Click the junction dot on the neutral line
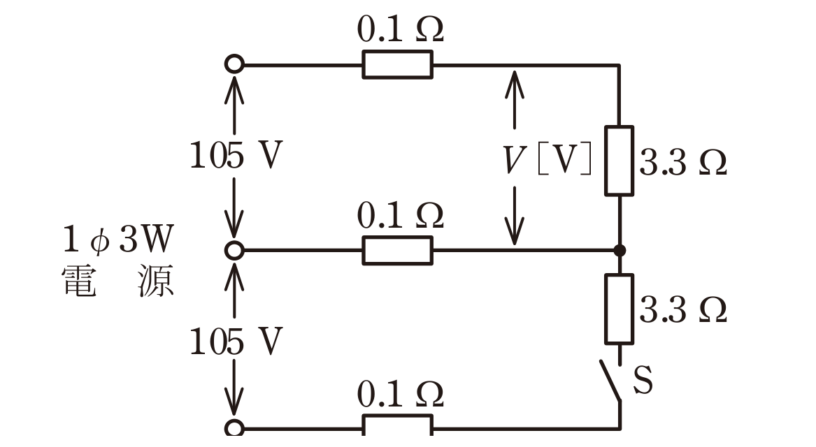point(620,251)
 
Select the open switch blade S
point(610,381)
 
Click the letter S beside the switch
point(643,380)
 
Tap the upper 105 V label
point(236,155)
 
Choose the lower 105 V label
point(236,342)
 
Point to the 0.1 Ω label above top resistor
point(400,29)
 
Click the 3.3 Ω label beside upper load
point(682,162)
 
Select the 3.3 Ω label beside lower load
point(682,310)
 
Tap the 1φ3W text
point(118,239)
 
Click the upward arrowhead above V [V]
point(515,83)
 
